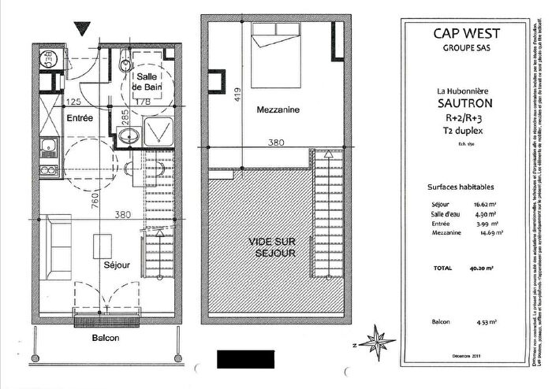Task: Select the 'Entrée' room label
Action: [x=79, y=118]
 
